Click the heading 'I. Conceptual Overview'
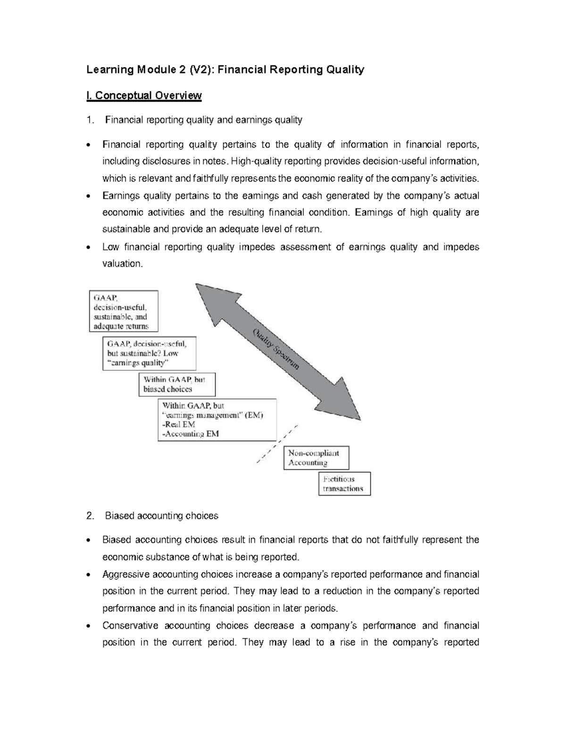click(144, 96)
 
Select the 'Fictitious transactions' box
click(344, 484)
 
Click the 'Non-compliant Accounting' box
click(316, 458)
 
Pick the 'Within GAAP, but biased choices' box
click(177, 385)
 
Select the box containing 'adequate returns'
click(124, 311)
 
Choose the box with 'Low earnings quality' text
click(149, 353)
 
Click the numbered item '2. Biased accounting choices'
click(152, 516)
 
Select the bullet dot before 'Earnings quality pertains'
click(90, 196)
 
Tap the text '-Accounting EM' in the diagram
click(191, 434)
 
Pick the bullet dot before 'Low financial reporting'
click(90, 247)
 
